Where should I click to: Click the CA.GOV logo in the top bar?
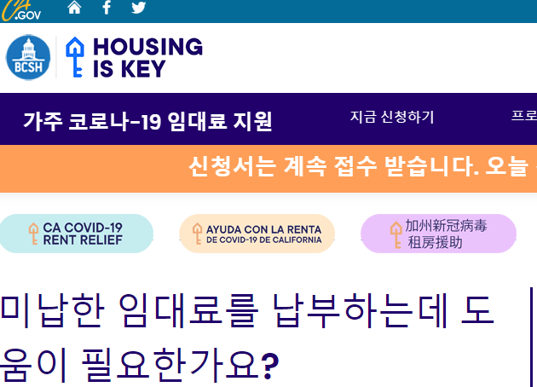[x=20, y=10]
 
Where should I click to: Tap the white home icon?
[x=74, y=7]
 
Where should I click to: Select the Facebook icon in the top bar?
[x=107, y=7]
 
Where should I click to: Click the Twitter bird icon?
[x=139, y=7]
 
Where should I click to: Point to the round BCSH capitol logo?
[x=28, y=57]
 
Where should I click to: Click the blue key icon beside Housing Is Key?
[x=75, y=57]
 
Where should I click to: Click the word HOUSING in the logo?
[x=148, y=47]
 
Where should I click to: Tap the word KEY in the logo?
[x=143, y=68]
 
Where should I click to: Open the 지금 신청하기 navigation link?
[x=392, y=117]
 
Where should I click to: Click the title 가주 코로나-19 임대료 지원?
[x=147, y=121]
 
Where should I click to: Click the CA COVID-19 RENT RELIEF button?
[x=76, y=234]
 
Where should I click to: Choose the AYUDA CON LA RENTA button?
[x=257, y=234]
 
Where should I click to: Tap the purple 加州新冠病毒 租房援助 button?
[x=438, y=234]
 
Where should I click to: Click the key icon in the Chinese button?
[x=396, y=234]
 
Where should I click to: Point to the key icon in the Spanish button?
[x=197, y=234]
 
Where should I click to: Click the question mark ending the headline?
[x=270, y=366]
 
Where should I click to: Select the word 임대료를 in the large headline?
[x=188, y=310]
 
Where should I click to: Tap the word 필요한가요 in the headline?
[x=170, y=364]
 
